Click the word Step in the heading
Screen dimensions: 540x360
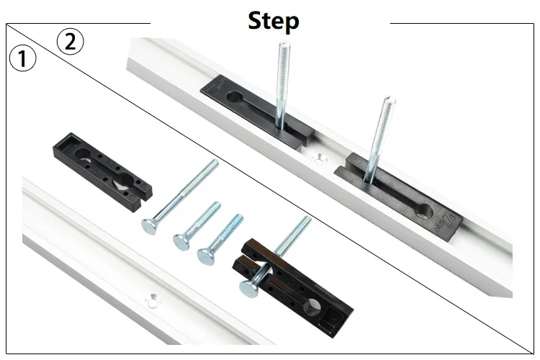coord(274,22)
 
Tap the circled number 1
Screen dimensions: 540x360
coord(22,59)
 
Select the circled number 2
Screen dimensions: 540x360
coord(70,42)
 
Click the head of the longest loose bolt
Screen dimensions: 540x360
coord(150,226)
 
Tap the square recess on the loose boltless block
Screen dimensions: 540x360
coord(69,142)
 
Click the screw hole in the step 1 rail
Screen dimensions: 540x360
coord(151,300)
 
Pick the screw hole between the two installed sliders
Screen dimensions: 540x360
coord(319,158)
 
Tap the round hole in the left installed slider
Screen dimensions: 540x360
coord(234,96)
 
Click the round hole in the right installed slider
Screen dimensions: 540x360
coord(424,211)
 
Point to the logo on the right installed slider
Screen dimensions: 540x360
coord(447,225)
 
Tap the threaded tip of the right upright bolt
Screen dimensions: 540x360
coord(390,101)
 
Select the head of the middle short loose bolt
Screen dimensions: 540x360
coord(181,241)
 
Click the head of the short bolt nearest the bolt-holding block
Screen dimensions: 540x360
coord(205,256)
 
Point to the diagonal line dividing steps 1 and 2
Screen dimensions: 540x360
coord(270,189)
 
